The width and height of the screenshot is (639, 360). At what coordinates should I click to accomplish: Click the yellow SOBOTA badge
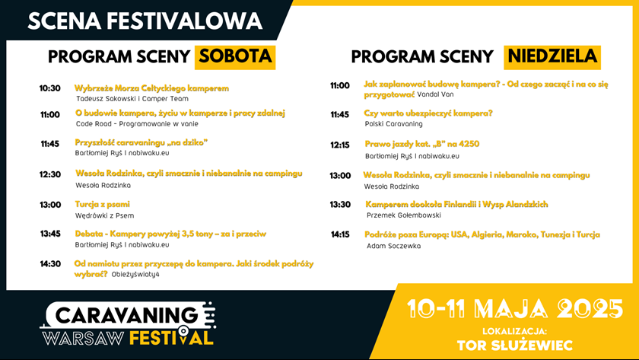click(235, 57)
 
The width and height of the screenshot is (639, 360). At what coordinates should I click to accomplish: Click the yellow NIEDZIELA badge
click(552, 57)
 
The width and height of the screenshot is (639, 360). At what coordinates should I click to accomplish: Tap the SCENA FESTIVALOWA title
click(145, 21)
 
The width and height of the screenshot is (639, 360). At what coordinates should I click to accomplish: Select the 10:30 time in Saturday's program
click(49, 88)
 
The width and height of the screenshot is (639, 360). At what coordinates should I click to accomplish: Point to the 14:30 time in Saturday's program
click(50, 264)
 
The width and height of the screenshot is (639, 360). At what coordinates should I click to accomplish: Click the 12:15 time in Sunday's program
click(340, 145)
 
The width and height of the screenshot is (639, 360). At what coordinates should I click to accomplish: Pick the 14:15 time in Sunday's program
click(340, 234)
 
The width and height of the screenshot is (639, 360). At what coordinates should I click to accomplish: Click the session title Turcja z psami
click(102, 204)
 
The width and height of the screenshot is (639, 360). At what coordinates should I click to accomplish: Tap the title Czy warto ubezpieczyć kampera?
click(428, 113)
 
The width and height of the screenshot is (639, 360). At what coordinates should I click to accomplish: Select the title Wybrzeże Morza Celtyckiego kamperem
click(151, 88)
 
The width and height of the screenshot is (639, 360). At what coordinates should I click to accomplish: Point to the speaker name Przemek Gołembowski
click(403, 215)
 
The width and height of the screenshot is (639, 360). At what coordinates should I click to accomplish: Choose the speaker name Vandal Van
click(435, 94)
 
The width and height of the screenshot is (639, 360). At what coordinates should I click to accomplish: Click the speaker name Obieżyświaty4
click(135, 275)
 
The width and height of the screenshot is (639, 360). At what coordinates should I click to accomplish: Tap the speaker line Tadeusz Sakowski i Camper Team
click(132, 99)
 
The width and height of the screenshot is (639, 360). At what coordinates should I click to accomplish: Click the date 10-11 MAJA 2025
click(515, 309)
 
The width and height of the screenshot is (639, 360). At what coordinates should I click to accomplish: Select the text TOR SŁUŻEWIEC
click(515, 346)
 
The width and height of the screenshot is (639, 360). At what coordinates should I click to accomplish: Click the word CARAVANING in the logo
click(126, 315)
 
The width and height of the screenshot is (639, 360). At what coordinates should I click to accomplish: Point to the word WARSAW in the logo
click(84, 339)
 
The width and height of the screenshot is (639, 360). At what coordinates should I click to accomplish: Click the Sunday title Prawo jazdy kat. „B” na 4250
click(422, 144)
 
